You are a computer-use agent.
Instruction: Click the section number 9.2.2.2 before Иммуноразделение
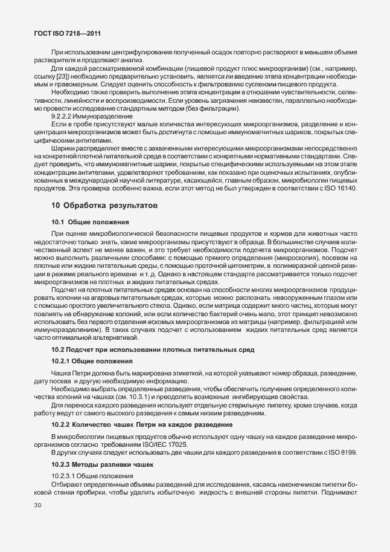(x=64, y=115)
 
